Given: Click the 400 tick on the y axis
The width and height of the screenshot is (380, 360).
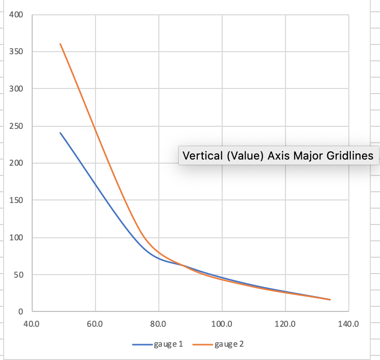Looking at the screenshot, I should click(16, 14).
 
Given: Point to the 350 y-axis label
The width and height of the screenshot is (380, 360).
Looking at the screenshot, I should click(16, 52).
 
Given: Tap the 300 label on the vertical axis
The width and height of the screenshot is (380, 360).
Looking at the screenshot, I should click(16, 89).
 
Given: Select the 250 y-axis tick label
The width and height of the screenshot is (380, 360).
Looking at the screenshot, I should click(16, 126).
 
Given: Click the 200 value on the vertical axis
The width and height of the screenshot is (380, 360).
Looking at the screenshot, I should click(16, 163).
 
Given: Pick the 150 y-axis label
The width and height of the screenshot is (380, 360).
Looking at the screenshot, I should click(16, 200).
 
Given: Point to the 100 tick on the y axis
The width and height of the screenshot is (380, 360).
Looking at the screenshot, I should click(16, 238).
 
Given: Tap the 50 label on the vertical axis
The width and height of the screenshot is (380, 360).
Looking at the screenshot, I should click(18, 275).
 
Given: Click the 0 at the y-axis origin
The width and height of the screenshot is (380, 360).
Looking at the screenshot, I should click(21, 311).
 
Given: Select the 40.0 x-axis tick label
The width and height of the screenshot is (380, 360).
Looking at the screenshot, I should click(32, 324).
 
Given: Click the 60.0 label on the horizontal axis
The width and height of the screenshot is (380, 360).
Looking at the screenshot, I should click(95, 324).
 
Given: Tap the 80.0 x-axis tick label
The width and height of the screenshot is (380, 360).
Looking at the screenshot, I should click(158, 324).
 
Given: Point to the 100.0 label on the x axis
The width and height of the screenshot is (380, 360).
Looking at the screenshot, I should click(222, 324).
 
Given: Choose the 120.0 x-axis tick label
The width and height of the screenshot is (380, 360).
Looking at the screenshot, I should click(285, 324).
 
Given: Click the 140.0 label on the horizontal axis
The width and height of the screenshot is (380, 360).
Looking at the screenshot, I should click(348, 324).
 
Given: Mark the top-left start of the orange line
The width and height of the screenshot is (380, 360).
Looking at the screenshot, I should click(60, 44).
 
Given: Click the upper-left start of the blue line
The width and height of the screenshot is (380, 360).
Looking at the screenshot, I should click(60, 133).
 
